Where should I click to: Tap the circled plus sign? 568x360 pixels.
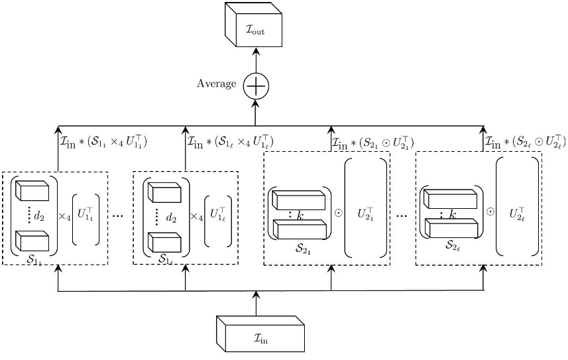pyautogui.click(x=256, y=87)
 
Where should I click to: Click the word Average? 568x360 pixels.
pyautogui.click(x=217, y=84)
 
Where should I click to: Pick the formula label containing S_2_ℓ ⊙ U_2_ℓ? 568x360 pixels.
pyautogui.click(x=526, y=141)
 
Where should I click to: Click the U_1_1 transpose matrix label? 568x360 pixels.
pyautogui.click(x=85, y=215)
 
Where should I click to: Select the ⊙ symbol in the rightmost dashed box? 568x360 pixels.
pyautogui.click(x=490, y=211)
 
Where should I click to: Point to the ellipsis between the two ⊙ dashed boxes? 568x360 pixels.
pyautogui.click(x=402, y=216)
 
